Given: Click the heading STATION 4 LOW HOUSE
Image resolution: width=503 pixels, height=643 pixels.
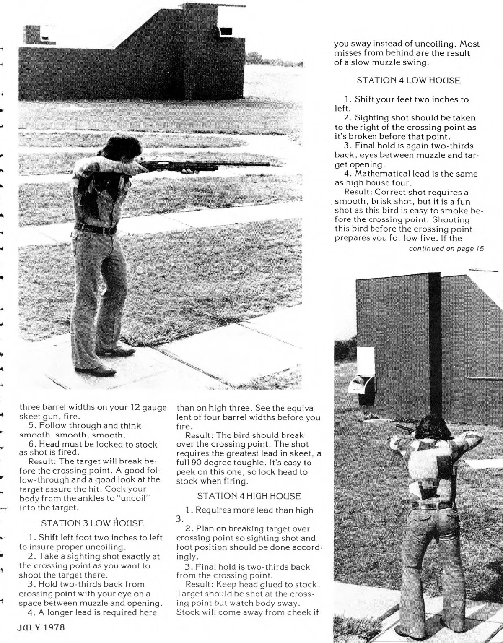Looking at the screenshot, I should [408, 81].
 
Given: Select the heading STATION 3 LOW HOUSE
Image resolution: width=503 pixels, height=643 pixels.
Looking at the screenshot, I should [93, 523].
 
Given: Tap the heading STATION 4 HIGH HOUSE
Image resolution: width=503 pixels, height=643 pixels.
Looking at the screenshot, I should [249, 496].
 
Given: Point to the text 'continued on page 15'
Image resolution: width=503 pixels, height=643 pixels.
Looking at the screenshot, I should [446, 249].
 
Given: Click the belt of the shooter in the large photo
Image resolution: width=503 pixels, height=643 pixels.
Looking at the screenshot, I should [96, 230].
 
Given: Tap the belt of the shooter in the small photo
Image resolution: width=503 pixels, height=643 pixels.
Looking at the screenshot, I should [433, 505].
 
